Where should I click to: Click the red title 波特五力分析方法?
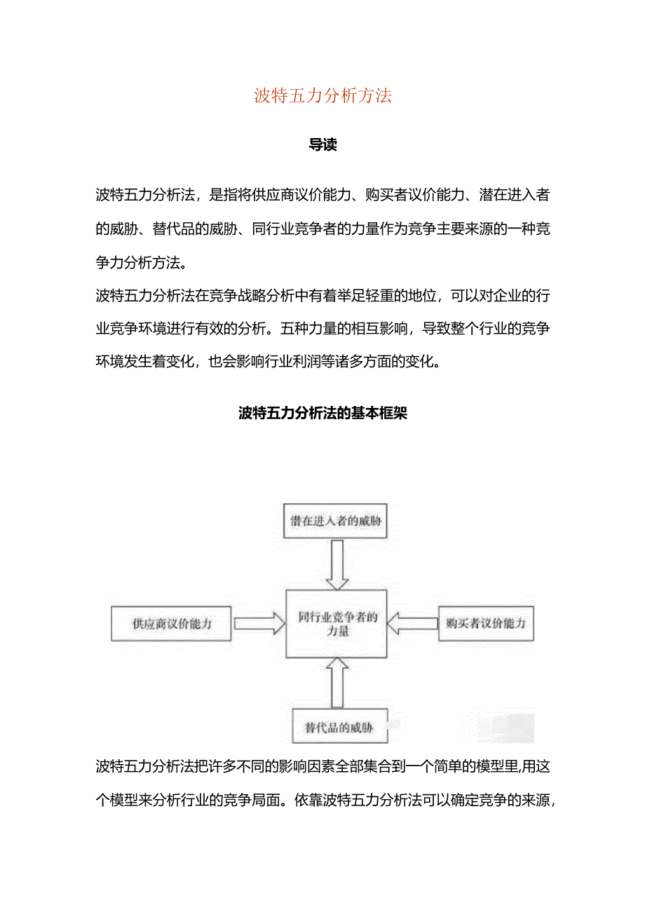[x=322, y=96]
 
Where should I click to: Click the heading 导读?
[x=322, y=145]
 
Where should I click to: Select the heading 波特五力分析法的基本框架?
[x=322, y=414]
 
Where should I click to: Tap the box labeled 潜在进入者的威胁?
[x=335, y=522]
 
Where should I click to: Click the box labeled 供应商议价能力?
[x=171, y=623]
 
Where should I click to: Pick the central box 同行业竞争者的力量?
[x=337, y=624]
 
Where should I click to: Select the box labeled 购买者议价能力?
[x=486, y=623]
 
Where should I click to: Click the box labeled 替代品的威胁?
[x=339, y=727]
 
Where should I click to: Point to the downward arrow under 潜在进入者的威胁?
[x=337, y=564]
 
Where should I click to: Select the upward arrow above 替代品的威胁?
[x=337, y=682]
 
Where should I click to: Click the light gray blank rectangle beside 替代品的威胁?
[x=505, y=728]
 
